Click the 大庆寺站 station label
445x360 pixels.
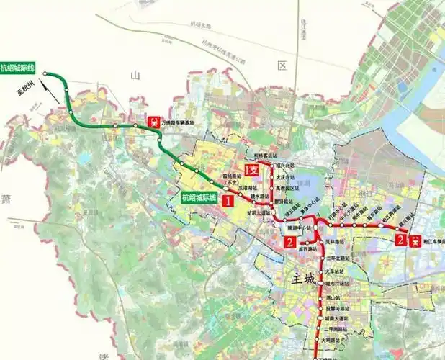coord(287,175)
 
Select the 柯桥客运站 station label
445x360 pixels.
coord(267,155)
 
